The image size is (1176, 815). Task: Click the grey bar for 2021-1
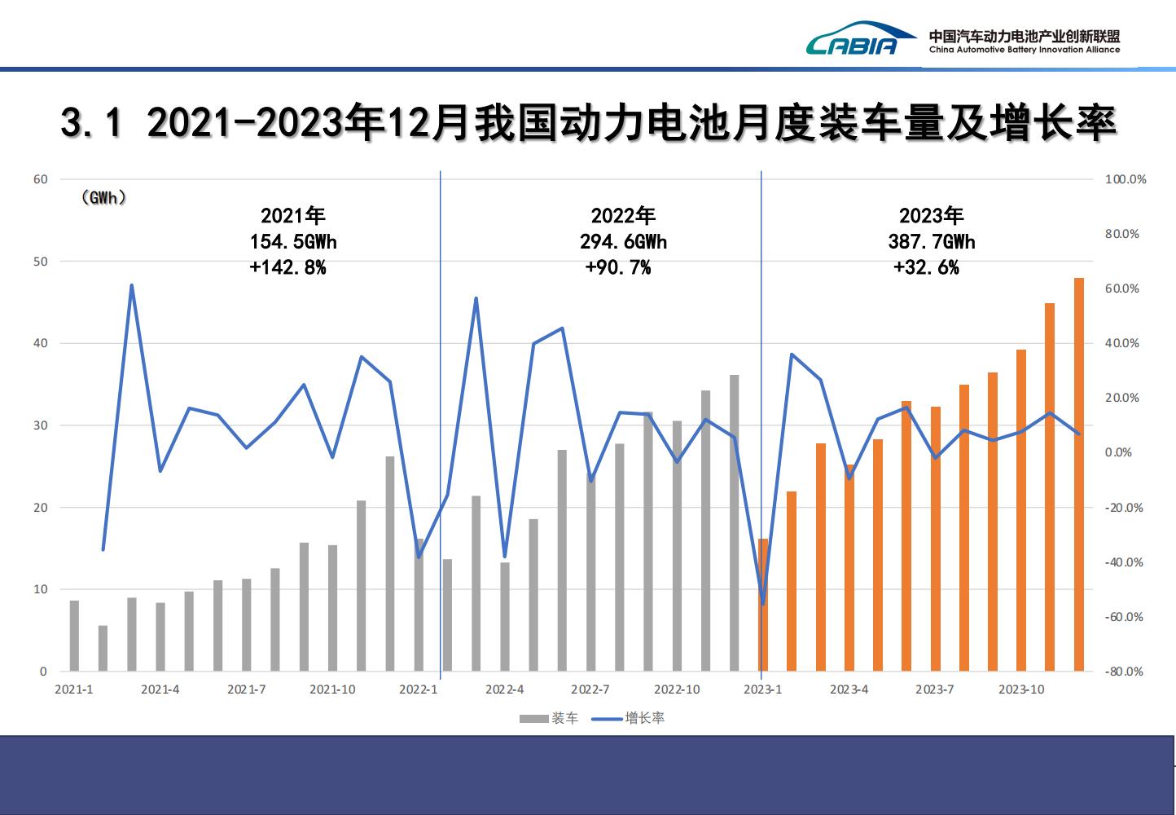[x=74, y=636]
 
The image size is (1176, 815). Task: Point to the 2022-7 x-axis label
[x=590, y=689]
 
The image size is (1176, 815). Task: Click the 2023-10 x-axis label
[x=1021, y=689]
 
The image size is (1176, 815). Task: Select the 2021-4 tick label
[x=160, y=689]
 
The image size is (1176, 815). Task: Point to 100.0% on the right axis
[x=1126, y=179]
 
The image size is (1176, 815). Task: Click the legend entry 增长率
[x=644, y=718]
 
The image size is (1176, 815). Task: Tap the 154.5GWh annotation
[x=293, y=242]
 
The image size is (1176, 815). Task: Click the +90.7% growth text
[x=618, y=267]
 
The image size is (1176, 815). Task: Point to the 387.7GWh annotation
[x=931, y=242]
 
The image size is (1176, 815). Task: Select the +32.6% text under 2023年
[x=926, y=267]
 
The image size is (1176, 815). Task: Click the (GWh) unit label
[x=104, y=198]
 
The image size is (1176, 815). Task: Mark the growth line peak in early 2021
[x=132, y=285]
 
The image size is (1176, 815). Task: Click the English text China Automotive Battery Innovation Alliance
[x=1025, y=50]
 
